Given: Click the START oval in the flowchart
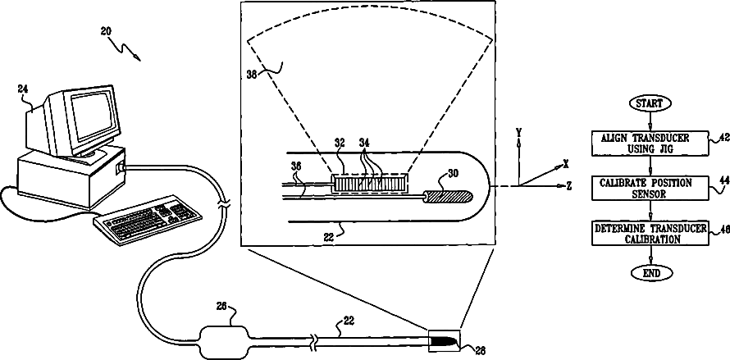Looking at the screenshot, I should [650, 104].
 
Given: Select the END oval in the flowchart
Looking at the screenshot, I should [650, 272].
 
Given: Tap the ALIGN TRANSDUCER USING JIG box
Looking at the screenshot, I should [650, 144].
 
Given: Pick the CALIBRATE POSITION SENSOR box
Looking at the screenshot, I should [650, 187].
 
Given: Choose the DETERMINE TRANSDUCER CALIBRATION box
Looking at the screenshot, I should [650, 234].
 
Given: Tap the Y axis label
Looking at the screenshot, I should [518, 132].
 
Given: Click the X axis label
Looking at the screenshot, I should [566, 164].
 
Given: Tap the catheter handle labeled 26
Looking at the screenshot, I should [222, 338].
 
